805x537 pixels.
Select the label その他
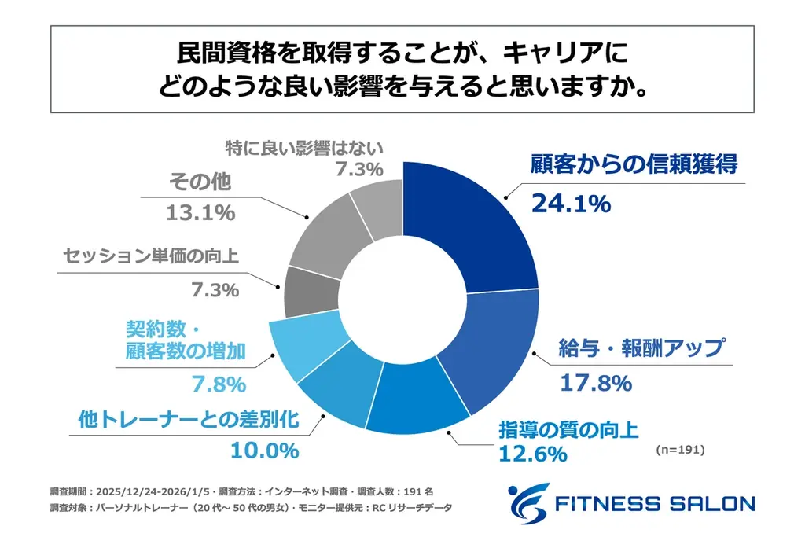(200, 183)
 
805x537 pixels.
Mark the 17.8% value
(596, 383)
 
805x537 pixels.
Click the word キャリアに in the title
(572, 55)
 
